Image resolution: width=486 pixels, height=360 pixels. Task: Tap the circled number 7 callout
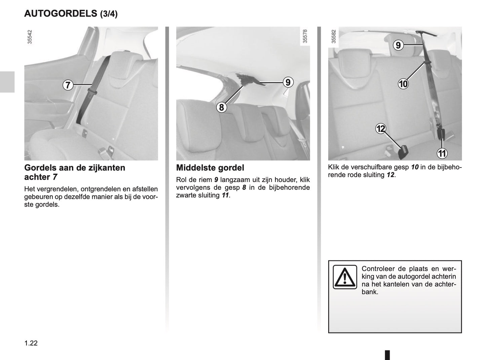68,85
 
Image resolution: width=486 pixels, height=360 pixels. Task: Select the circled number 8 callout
221,107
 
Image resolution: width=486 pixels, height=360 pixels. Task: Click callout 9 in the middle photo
288,82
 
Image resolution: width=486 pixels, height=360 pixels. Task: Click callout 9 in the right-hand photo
398,45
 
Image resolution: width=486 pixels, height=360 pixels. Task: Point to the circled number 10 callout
403,83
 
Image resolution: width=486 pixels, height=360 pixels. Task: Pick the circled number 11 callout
442,153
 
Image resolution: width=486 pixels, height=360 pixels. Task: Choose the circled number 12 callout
381,129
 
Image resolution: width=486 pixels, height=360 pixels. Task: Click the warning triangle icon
345,277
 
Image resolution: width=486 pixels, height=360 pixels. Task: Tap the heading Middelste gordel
210,168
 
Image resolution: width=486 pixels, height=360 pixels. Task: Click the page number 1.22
31,343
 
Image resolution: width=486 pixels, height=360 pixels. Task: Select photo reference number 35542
30,37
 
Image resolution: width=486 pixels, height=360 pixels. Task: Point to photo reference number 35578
305,36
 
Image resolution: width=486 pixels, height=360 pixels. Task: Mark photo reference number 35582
333,36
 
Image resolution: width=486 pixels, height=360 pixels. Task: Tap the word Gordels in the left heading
40,168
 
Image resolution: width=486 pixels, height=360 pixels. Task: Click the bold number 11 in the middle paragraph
225,195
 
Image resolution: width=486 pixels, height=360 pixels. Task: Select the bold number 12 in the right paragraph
390,175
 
